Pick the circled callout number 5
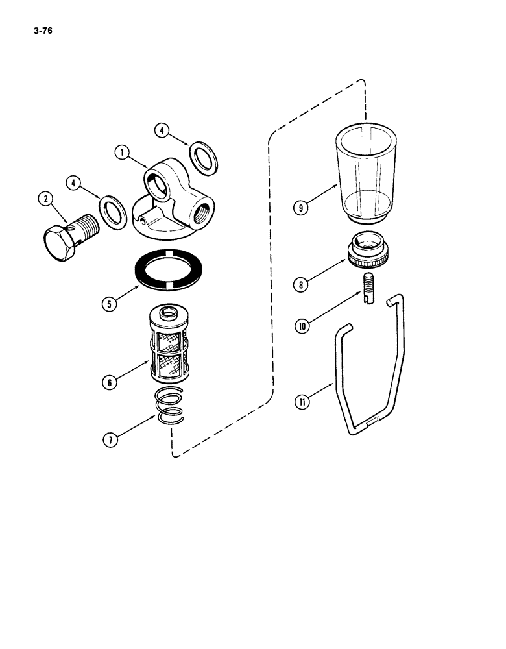[110, 303]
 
